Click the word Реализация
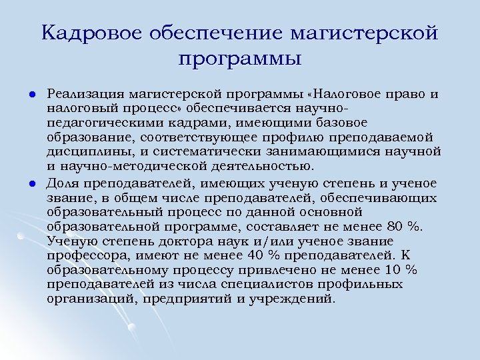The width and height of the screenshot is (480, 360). (85, 93)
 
